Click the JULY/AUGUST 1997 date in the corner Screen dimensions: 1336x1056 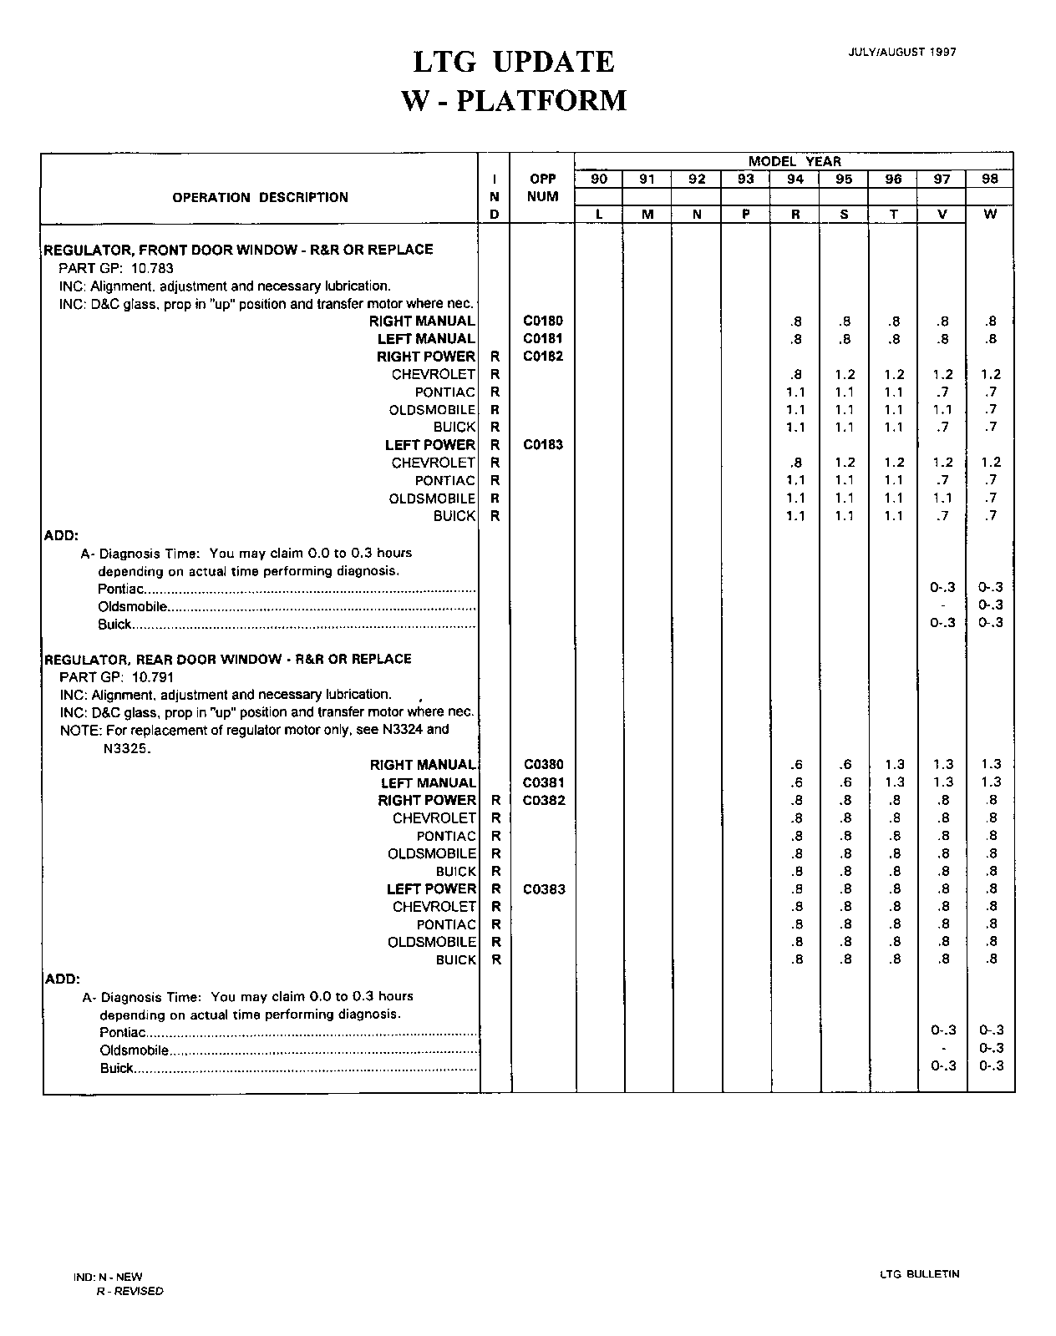[x=902, y=52]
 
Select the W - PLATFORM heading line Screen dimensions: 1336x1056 [x=514, y=101]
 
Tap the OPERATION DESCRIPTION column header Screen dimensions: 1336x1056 [x=260, y=198]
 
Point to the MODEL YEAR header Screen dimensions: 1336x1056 [x=795, y=161]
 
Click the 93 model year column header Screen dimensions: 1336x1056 [x=745, y=179]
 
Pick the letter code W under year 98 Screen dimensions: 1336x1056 [x=990, y=214]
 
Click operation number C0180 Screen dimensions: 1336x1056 [x=543, y=321]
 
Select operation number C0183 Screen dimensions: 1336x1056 [x=543, y=445]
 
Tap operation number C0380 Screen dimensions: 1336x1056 [x=543, y=764]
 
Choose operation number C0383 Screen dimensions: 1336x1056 [x=544, y=889]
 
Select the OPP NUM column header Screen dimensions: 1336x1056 [x=543, y=188]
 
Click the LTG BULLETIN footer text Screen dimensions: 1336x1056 [x=919, y=1274]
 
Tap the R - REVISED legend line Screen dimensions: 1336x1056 [x=129, y=1291]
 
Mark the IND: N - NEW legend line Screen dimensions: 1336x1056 [x=108, y=1277]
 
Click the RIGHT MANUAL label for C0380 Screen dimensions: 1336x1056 [x=424, y=765]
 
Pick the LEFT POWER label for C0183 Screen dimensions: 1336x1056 [x=429, y=445]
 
